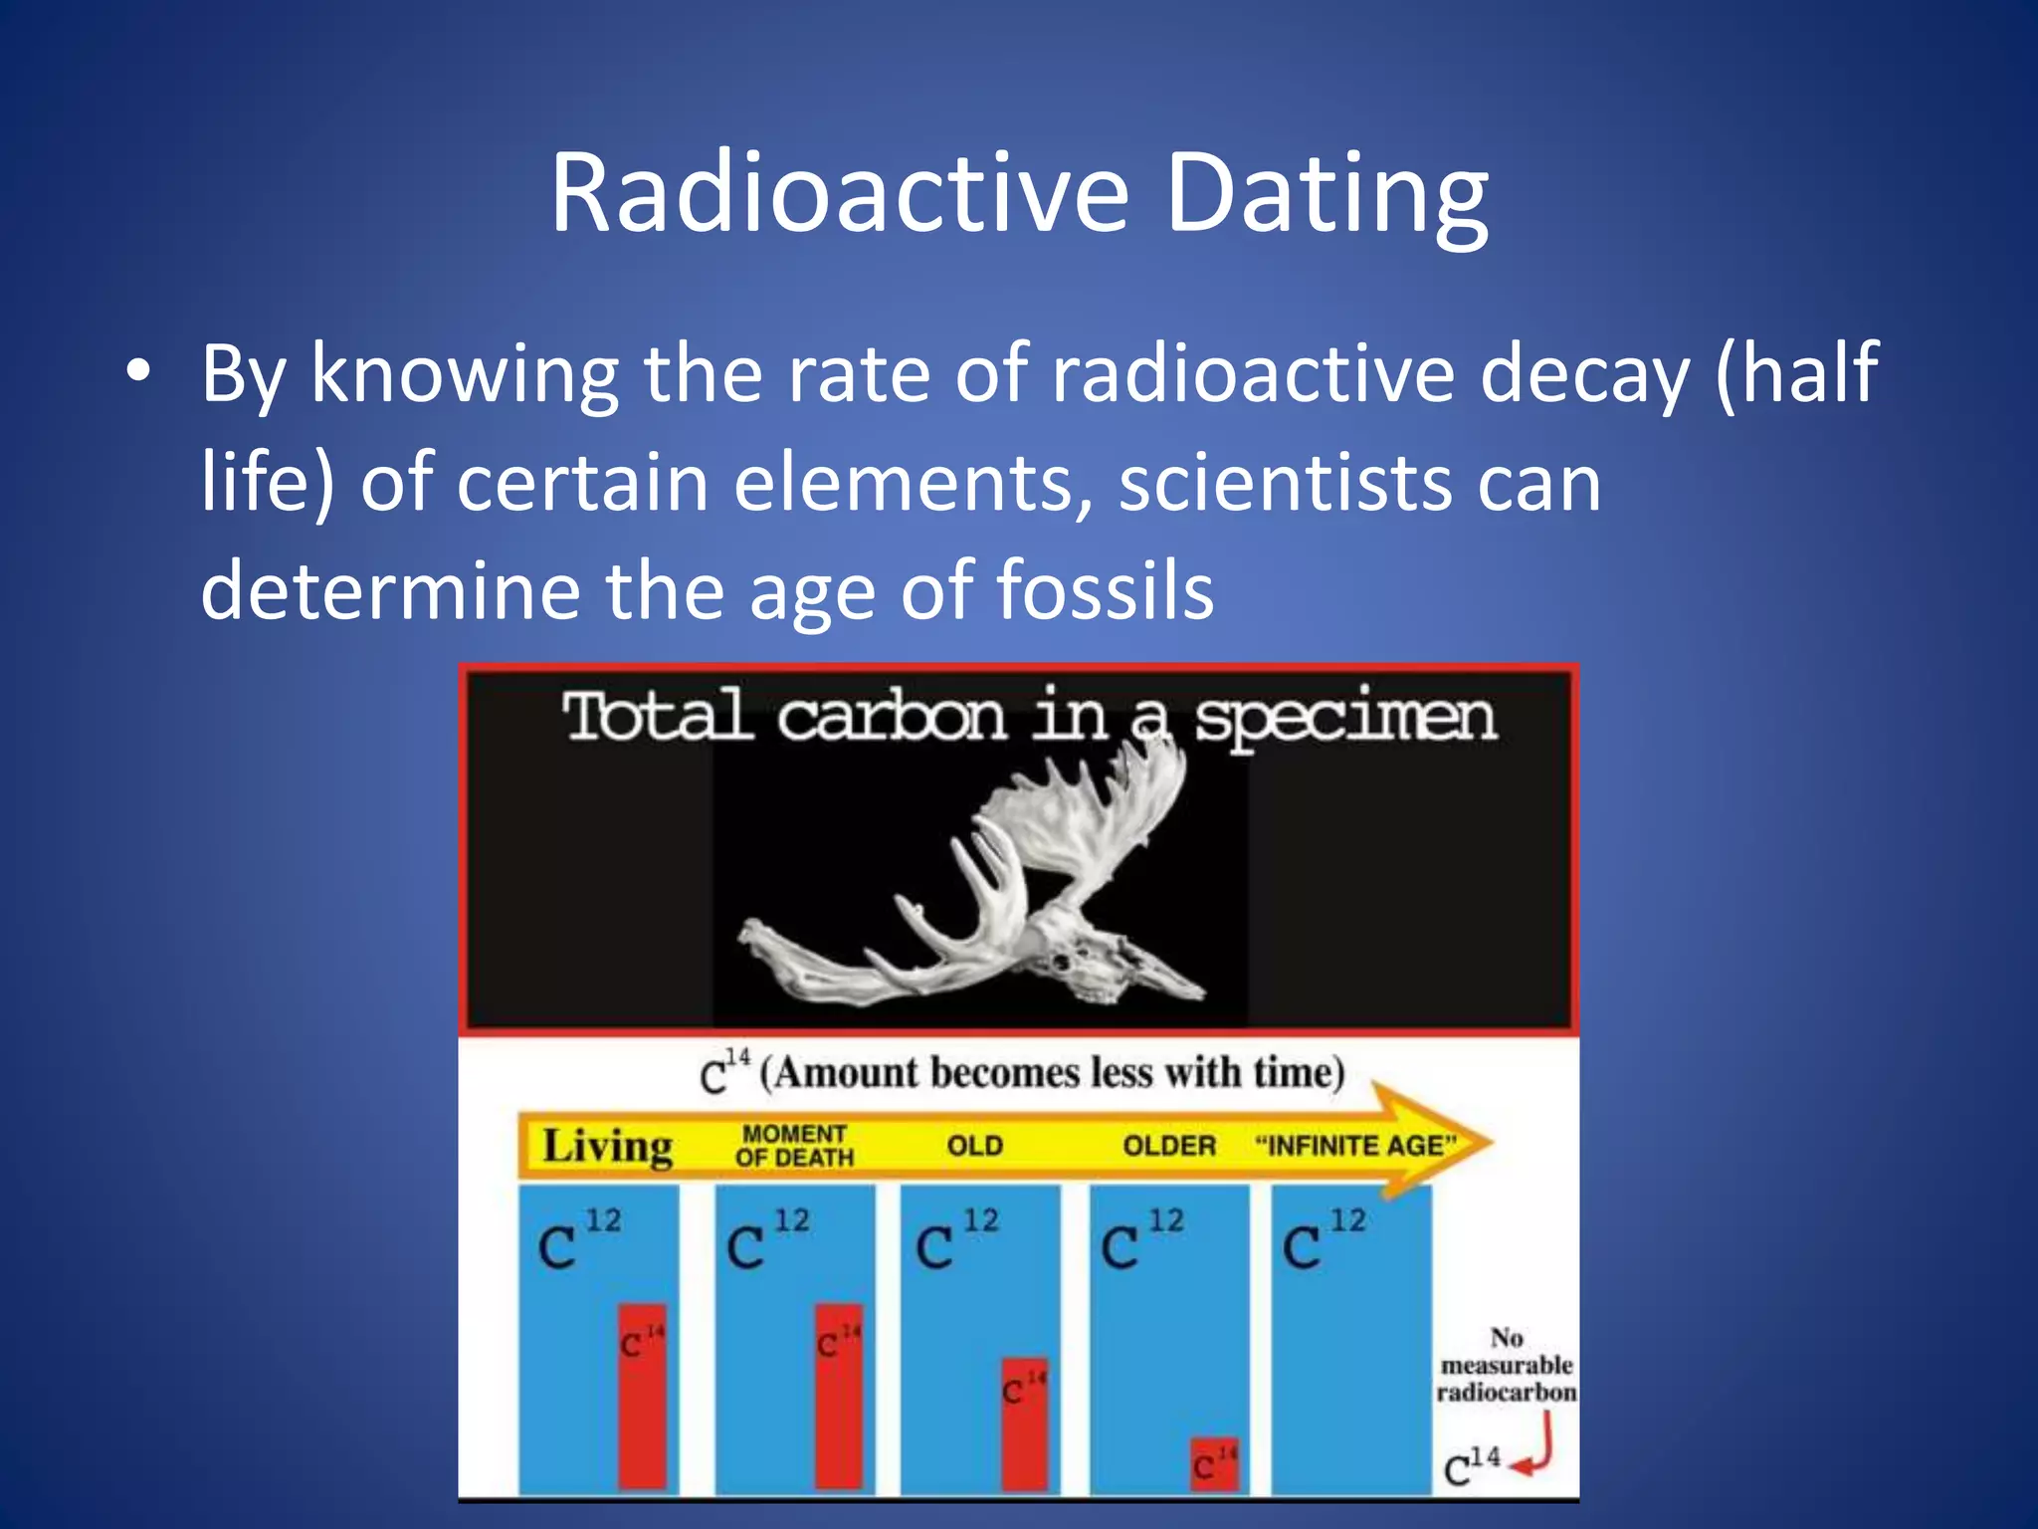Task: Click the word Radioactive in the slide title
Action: click(x=839, y=194)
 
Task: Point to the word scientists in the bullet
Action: click(x=1285, y=483)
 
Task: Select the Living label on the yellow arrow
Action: click(x=607, y=1146)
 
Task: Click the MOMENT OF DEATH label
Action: click(x=794, y=1146)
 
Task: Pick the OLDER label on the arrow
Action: click(x=1169, y=1146)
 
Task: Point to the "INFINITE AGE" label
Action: click(x=1355, y=1146)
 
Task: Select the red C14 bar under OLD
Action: click(x=1024, y=1423)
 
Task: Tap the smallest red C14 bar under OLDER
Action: click(x=1214, y=1464)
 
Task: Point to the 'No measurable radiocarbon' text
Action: click(x=1506, y=1365)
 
